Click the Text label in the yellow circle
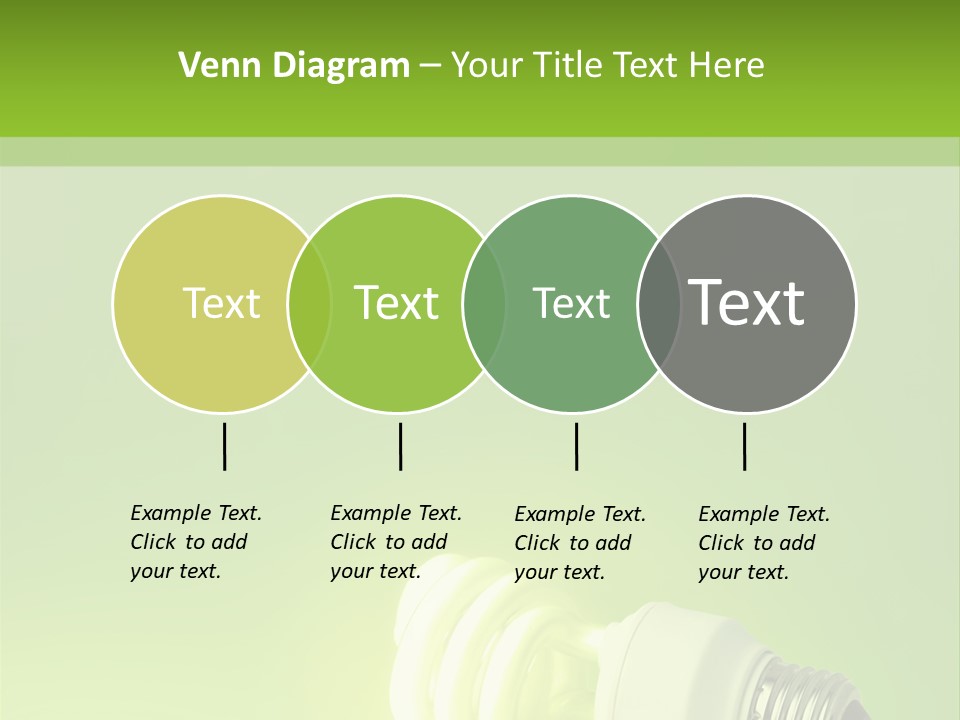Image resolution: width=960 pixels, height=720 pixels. pos(221,303)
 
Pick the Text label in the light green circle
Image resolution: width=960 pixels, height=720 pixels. pos(396,303)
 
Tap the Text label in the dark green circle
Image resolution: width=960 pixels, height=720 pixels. pos(571,303)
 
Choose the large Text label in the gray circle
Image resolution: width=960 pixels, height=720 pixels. pos(747,303)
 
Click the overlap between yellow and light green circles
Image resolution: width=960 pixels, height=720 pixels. pos(309,303)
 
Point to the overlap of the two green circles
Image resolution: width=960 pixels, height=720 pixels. pos(484,303)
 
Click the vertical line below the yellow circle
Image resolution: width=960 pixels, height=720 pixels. pos(224,446)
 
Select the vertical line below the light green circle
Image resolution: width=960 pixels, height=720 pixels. pos(400,446)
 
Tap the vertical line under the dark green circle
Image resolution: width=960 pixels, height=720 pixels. pos(576,446)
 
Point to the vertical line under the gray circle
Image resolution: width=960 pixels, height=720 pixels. pos(744,446)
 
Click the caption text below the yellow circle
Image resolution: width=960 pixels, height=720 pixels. pos(195,542)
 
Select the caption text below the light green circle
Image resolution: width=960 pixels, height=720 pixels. pos(395,542)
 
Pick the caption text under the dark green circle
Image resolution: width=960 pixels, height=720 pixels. pos(579,543)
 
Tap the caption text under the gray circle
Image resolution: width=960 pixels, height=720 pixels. pos(763,543)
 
